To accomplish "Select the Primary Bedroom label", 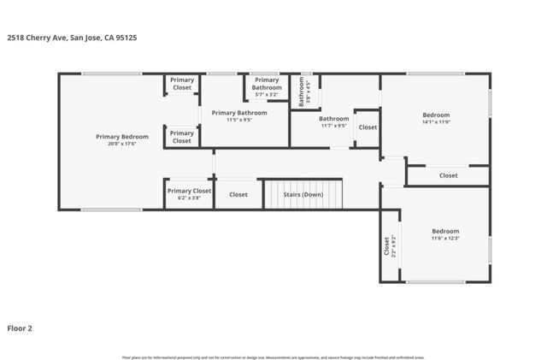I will [121, 137].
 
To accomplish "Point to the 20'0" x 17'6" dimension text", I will [121, 144].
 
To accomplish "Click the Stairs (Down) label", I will [303, 194].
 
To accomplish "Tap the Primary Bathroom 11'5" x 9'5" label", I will [238, 113].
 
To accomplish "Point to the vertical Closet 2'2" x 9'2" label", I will [390, 246].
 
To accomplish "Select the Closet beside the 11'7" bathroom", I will [368, 127].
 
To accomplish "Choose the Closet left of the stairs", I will [238, 194].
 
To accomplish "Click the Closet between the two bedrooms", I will [448, 175].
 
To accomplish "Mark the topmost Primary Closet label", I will [182, 83].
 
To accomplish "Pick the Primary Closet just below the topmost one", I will [182, 137].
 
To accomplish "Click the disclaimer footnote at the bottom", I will [273, 357].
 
